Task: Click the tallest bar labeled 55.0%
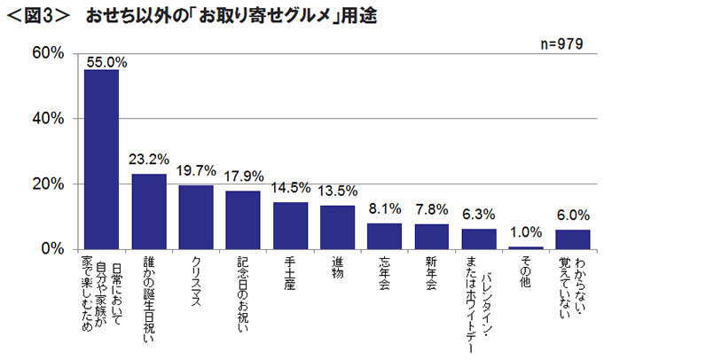pyautogui.click(x=101, y=160)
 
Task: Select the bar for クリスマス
pyautogui.click(x=196, y=217)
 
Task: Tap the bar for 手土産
pyautogui.click(x=290, y=226)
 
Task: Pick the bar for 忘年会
pyautogui.click(x=384, y=236)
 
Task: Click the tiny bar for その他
pyautogui.click(x=526, y=247)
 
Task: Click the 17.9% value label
pyautogui.click(x=243, y=176)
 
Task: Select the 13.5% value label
pyautogui.click(x=337, y=191)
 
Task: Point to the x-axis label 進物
pyautogui.click(x=337, y=270)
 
